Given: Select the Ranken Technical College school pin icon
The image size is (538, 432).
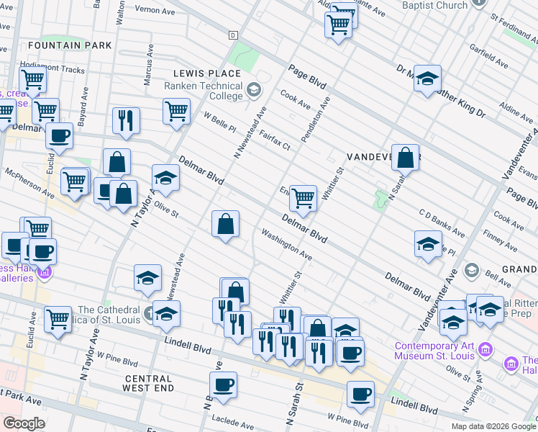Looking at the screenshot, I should [253, 91].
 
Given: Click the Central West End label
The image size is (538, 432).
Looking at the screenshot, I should [149, 383].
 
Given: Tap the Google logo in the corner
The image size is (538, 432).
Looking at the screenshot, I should [24, 423].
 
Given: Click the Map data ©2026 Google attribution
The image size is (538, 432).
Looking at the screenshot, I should [493, 426].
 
